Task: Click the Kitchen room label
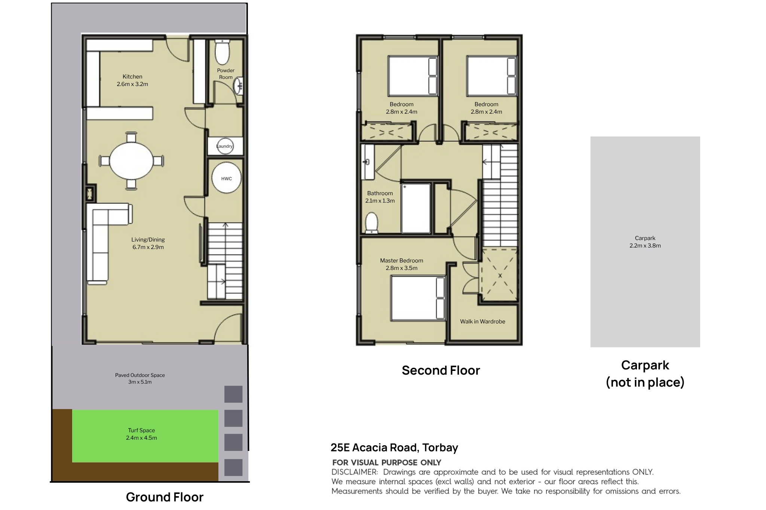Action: [x=132, y=77]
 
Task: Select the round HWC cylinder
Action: [x=226, y=178]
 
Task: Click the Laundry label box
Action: [x=225, y=146]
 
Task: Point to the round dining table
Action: [x=132, y=161]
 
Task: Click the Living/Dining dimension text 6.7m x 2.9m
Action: [x=148, y=247]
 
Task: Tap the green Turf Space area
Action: [x=145, y=436]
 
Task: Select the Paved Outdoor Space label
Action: [x=140, y=375]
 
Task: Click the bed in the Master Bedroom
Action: [x=418, y=298]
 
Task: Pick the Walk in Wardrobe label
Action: [x=482, y=322]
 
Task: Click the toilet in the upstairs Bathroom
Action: [x=371, y=222]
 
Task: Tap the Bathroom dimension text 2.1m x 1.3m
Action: [x=380, y=201]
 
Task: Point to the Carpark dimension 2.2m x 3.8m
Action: [x=645, y=246]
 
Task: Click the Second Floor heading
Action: [x=441, y=370]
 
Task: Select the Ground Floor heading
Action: [x=165, y=497]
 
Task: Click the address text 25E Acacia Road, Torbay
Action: [x=394, y=448]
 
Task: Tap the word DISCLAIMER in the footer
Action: [x=355, y=472]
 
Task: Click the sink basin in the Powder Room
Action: [x=239, y=86]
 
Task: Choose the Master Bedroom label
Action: [x=402, y=261]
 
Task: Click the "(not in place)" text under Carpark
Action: [x=645, y=382]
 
